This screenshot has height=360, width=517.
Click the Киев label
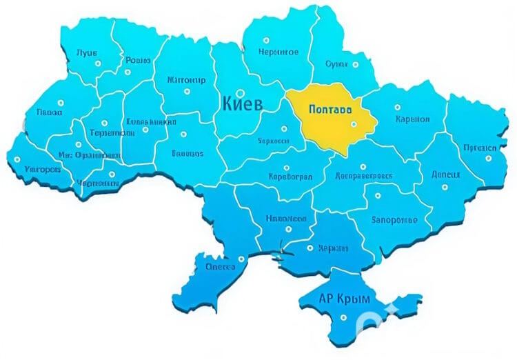pyautogui.click(x=242, y=104)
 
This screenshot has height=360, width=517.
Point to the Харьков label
pyautogui.click(x=413, y=119)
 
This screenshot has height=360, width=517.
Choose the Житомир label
pyautogui.click(x=186, y=80)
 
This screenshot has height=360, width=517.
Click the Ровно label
pyautogui.click(x=138, y=61)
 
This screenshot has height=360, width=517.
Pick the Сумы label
pyautogui.click(x=336, y=63)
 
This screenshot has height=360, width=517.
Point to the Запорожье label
pyautogui.click(x=394, y=220)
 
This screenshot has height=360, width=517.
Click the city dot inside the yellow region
pyautogui.click(x=354, y=124)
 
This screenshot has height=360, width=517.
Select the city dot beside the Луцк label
pyautogui.click(x=97, y=63)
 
